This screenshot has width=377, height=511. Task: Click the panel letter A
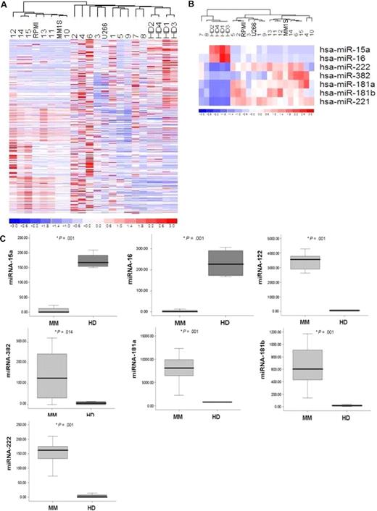click(5, 5)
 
